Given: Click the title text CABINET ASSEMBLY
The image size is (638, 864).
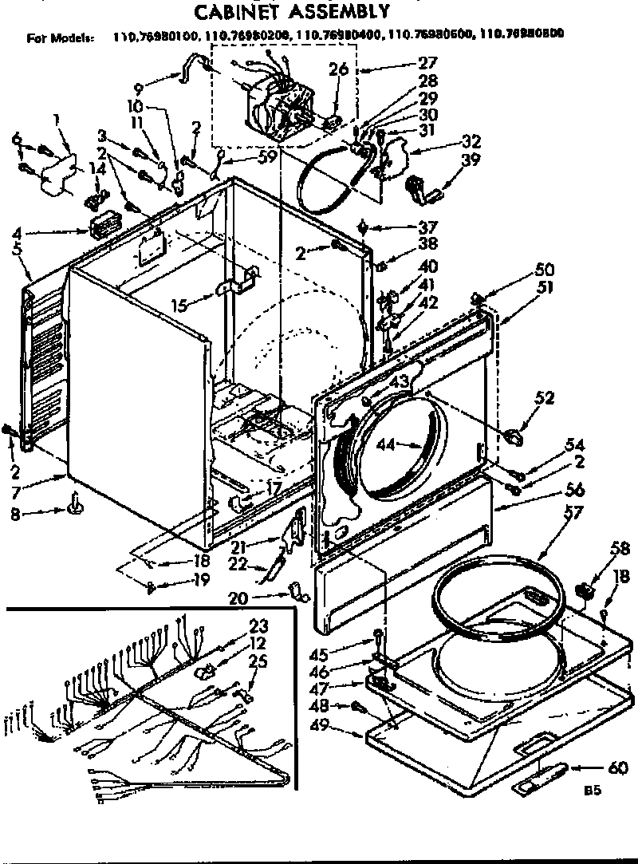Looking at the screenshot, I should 293,11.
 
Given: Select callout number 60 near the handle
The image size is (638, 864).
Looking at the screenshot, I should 616,768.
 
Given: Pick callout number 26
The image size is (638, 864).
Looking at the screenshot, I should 340,69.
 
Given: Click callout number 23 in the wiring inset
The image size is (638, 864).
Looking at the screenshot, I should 258,625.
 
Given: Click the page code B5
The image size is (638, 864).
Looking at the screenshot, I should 591,791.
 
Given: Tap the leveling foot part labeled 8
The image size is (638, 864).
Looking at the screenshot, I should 77,503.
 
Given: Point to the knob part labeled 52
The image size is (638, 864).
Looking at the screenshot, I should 512,435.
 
